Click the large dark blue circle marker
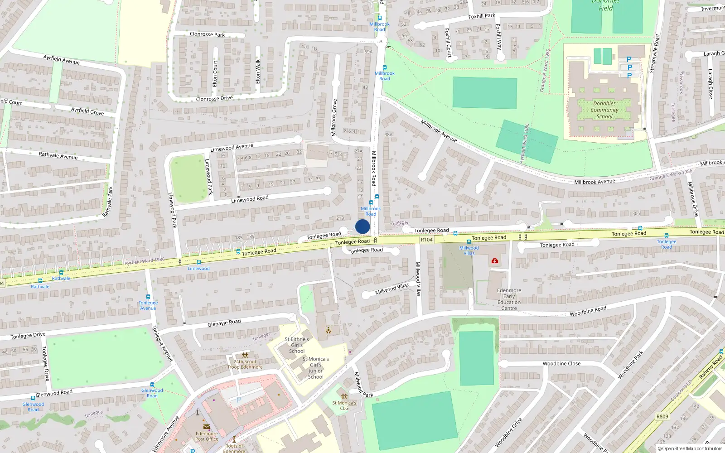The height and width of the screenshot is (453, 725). point(362,226)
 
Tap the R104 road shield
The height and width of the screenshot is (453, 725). point(426,240)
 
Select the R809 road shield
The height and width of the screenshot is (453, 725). point(662,416)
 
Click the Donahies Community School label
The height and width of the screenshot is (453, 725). point(604,110)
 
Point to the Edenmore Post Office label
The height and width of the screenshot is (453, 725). point(207,436)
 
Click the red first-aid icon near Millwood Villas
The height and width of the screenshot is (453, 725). point(495,260)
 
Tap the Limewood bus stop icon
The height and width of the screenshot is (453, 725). point(198,262)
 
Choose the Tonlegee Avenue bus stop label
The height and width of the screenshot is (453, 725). point(148,305)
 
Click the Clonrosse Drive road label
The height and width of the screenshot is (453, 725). point(214,99)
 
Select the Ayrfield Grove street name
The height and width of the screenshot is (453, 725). point(87,111)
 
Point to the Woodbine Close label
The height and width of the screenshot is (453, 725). point(561,363)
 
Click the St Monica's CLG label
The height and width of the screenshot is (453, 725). point(344,405)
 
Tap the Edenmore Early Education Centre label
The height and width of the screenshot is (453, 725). point(509,299)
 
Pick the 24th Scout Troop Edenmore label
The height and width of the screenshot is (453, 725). point(245,364)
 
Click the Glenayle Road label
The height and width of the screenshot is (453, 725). point(224,323)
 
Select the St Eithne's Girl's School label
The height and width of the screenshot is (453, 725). point(297,345)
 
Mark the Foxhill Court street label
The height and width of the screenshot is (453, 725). point(448,43)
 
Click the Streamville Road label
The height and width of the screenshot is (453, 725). point(654,54)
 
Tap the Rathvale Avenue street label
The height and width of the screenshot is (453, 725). point(58,155)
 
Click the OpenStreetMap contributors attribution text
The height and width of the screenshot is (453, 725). point(690,449)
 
